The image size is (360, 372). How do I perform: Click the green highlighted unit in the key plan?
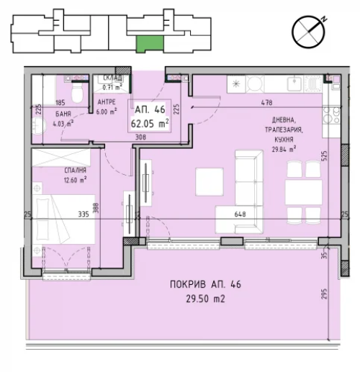(x=150, y=43)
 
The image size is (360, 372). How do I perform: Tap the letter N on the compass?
(x=324, y=19)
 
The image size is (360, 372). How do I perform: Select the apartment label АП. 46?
(x=150, y=109)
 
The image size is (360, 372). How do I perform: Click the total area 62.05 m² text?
(x=150, y=124)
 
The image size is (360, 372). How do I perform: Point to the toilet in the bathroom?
(x=77, y=93)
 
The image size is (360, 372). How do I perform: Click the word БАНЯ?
(x=63, y=114)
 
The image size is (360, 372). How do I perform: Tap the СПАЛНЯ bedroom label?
(x=75, y=171)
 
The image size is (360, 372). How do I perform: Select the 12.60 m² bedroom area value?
(x=75, y=180)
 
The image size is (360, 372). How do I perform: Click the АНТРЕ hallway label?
(x=107, y=102)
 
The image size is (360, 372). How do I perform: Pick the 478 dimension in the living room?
(x=266, y=103)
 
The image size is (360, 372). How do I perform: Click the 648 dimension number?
(x=240, y=214)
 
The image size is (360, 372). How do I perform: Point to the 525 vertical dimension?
(x=324, y=156)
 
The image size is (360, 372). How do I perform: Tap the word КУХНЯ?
(x=284, y=140)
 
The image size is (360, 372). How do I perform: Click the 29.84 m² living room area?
(x=284, y=150)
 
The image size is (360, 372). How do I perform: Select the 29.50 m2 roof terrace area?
(x=205, y=299)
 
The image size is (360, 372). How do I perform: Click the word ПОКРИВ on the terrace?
(x=188, y=284)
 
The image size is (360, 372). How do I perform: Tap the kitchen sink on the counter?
(x=295, y=84)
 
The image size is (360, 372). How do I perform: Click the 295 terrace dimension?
(x=324, y=294)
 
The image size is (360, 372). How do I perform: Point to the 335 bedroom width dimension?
(x=84, y=214)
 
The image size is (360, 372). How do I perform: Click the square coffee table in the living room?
(x=210, y=182)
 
